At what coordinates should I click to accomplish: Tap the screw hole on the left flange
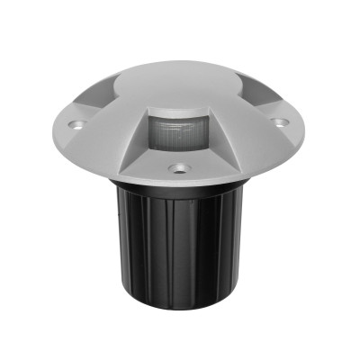click(78, 121)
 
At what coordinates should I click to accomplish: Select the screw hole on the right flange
click(282, 121)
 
